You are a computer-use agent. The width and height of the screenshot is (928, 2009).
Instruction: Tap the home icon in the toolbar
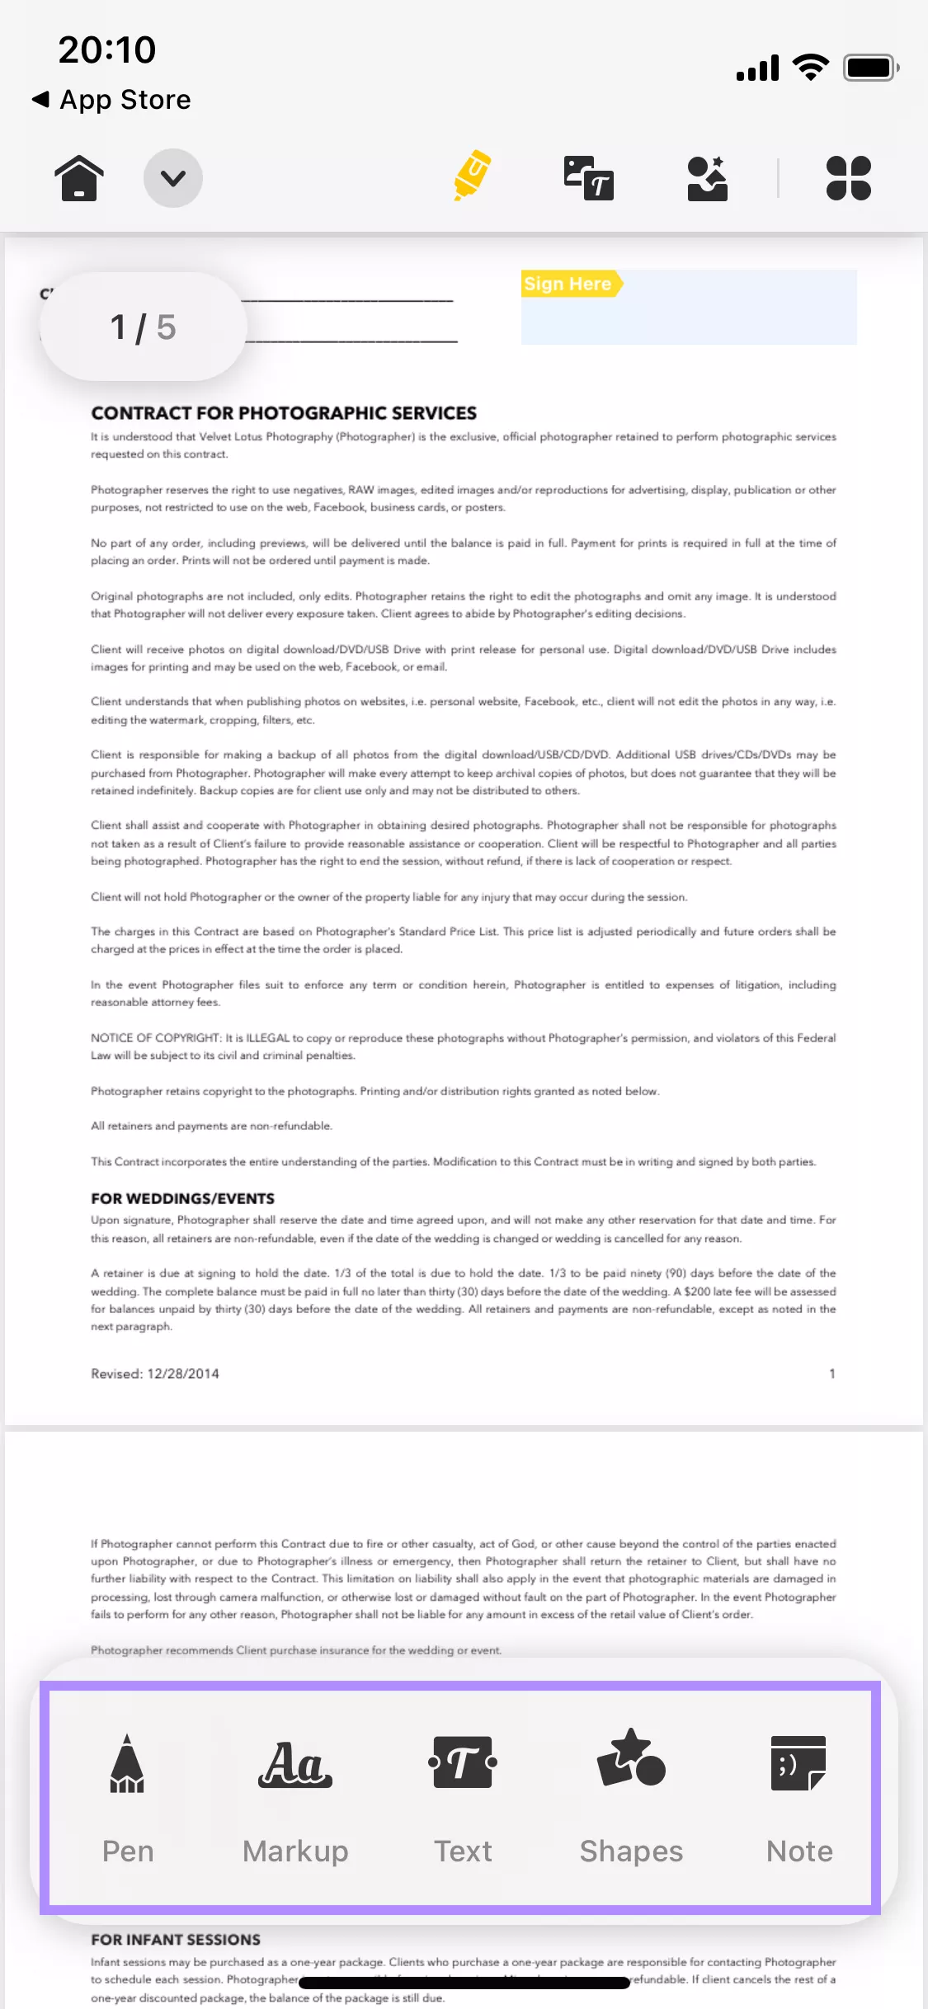79,177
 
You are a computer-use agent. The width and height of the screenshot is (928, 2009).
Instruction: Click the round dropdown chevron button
173,177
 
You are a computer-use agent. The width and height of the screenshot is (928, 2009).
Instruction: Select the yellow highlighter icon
472,176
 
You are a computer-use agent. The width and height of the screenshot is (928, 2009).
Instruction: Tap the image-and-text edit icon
588,177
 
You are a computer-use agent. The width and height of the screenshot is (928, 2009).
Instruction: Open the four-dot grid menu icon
848,178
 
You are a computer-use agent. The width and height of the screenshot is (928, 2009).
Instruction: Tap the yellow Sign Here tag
569,284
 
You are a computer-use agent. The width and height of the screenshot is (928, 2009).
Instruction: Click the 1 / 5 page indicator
144,327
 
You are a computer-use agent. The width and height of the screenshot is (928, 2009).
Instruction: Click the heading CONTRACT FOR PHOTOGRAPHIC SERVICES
284,413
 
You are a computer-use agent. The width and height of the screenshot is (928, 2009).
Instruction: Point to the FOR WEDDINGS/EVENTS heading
182,1198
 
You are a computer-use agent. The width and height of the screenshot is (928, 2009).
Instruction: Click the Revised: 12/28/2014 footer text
155,1374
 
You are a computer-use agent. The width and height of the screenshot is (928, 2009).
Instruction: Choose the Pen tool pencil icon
127,1764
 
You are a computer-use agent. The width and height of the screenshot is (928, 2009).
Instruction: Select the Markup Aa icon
295,1764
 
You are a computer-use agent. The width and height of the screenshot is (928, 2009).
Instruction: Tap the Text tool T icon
463,1762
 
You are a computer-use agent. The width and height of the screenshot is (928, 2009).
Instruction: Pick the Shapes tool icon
631,1758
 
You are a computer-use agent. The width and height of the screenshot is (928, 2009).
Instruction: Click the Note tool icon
798,1763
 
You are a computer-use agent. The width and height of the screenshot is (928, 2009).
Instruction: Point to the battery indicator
870,68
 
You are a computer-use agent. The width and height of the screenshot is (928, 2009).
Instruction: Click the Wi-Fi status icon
811,68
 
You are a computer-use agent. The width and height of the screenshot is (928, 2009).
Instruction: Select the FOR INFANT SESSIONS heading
176,1940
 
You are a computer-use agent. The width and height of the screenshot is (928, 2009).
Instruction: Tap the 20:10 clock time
107,49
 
